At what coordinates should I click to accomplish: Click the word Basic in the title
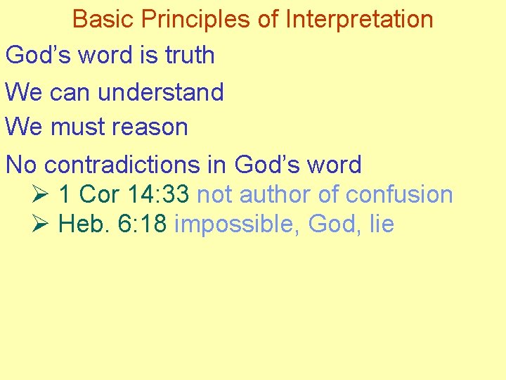coord(99,19)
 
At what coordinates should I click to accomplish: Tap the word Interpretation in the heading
coord(359,19)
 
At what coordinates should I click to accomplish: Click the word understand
coord(161,91)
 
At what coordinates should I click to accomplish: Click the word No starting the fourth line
coord(21,164)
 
